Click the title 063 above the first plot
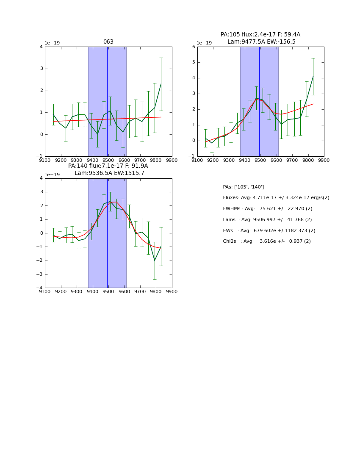pos(108,42)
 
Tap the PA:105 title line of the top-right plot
pos(260,35)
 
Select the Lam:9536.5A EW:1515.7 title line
pos(109,173)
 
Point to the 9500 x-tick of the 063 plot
pos(108,160)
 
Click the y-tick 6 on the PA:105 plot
pos(194,47)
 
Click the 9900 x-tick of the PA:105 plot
pos(324,160)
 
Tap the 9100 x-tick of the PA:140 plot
pos(45,291)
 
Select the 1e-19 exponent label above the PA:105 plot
pos(205,43)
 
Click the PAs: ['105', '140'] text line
pos(243,187)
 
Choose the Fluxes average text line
pos(276,198)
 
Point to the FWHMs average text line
pos(267,209)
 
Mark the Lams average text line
pos(267,220)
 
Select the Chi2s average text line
pos(266,241)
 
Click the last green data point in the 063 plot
pos(161,84)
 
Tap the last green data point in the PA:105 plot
pos(313,77)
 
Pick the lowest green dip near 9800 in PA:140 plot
pos(155,261)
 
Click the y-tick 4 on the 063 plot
pos(41,47)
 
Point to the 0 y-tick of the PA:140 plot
pos(41,233)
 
